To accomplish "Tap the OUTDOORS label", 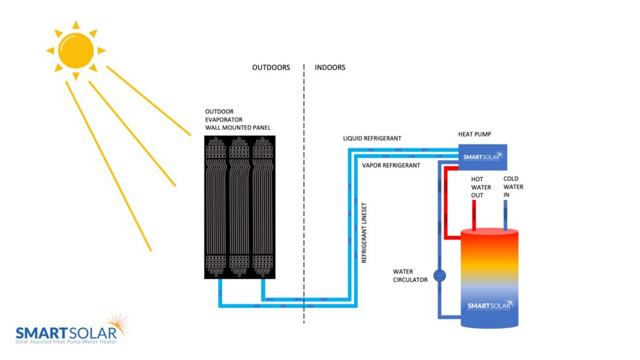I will [270, 68].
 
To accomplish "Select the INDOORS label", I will [330, 68].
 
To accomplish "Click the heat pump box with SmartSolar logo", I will [482, 157].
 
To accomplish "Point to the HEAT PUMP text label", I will [474, 134].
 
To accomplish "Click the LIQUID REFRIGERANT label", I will [372, 139].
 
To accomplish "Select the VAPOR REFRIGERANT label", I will [391, 166].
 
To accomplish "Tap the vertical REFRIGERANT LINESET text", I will [364, 232].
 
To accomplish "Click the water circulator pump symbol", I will [439, 275].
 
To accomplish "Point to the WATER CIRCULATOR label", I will [410, 275].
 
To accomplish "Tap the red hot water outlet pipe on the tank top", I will [474, 215].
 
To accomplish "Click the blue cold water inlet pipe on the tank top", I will [506, 215].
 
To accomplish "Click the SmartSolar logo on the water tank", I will [490, 305].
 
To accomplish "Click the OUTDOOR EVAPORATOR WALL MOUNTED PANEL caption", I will [236, 120].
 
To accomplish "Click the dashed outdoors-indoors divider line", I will [304, 196].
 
